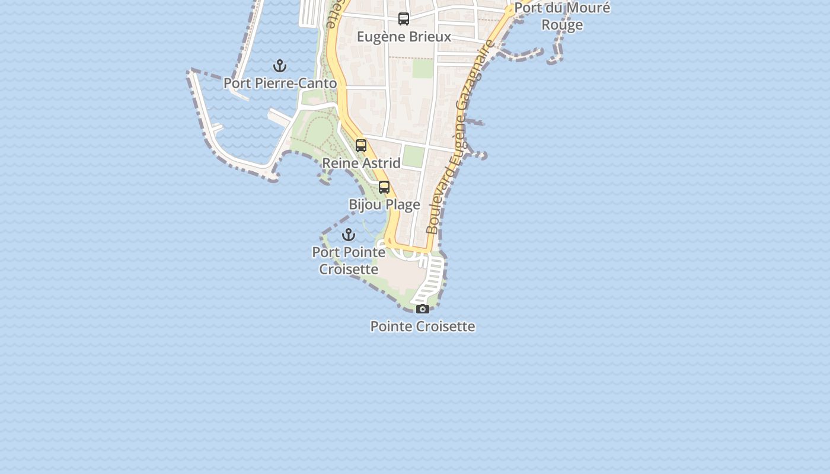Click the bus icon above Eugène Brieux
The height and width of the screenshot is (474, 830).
(x=404, y=19)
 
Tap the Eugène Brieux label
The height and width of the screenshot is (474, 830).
(x=404, y=37)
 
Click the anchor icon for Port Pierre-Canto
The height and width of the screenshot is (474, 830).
(x=280, y=66)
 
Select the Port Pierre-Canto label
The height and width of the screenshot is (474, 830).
(x=280, y=84)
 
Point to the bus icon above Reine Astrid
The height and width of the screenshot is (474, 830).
(x=361, y=146)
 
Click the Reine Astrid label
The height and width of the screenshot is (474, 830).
(x=361, y=163)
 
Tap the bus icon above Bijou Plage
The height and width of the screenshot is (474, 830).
(x=384, y=187)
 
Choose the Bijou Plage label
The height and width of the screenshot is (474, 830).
(x=384, y=205)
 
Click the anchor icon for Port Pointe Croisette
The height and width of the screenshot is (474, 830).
(x=349, y=235)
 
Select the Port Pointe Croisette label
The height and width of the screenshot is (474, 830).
(x=349, y=261)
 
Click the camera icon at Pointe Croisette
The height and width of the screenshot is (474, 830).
(x=423, y=309)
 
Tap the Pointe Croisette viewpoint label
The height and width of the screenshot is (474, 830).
(x=423, y=326)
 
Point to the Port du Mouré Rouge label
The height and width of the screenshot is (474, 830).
(x=562, y=17)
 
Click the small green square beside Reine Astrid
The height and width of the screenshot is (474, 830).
(x=413, y=156)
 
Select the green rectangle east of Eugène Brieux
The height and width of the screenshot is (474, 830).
(x=423, y=68)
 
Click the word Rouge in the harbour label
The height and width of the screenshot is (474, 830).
(x=562, y=25)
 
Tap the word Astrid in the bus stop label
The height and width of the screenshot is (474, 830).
(x=381, y=163)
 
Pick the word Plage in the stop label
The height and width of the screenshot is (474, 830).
(x=404, y=205)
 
